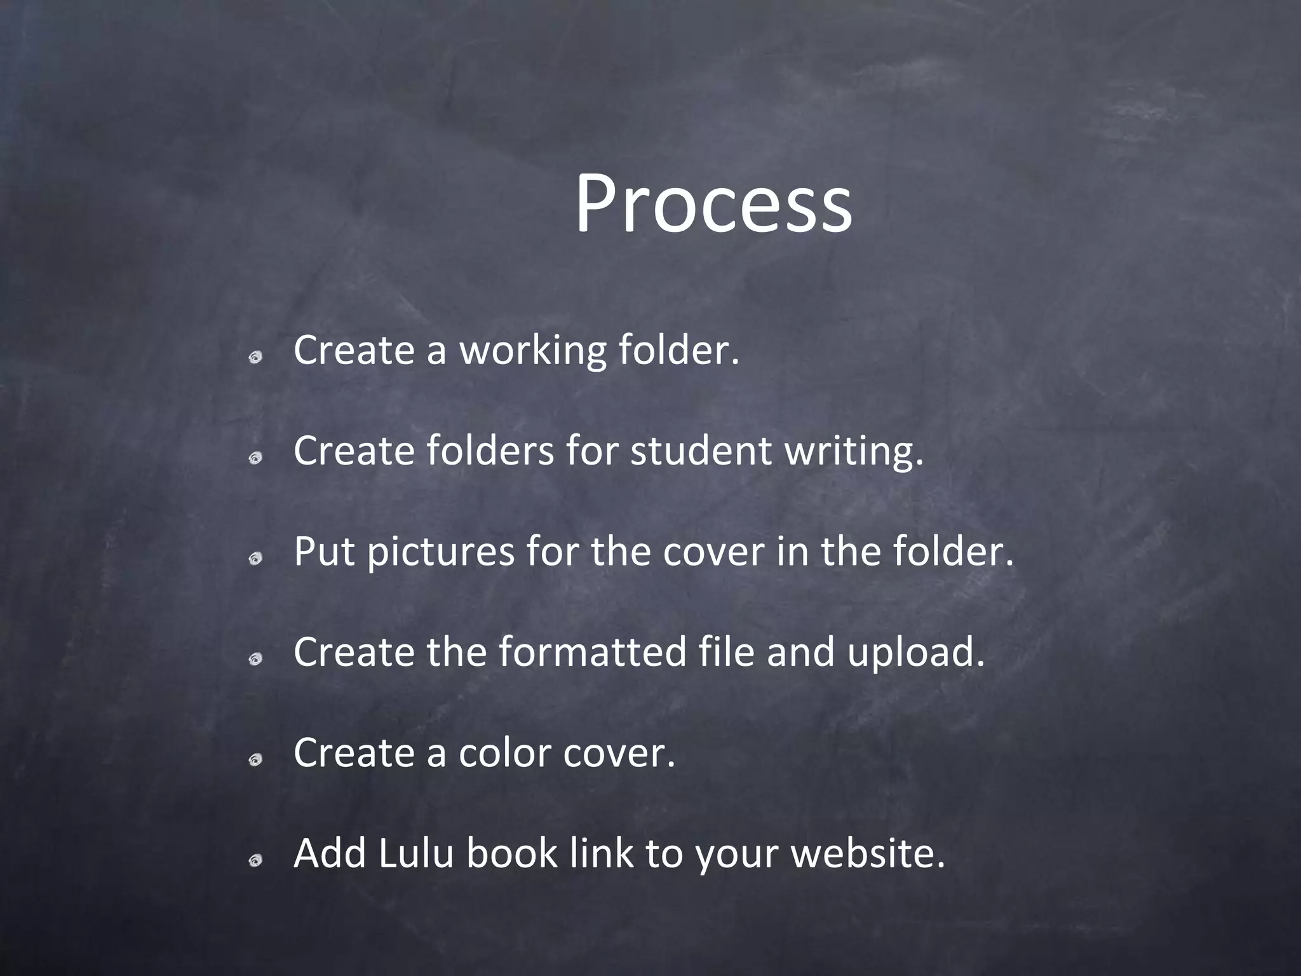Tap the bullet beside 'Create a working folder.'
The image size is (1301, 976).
click(255, 359)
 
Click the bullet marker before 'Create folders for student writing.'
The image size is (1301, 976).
click(255, 459)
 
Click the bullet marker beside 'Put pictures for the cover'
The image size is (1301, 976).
click(255, 560)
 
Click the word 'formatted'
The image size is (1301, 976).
click(592, 652)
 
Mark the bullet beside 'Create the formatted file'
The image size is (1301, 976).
click(255, 661)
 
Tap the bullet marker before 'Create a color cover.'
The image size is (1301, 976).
click(255, 761)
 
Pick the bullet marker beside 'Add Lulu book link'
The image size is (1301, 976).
click(255, 862)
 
